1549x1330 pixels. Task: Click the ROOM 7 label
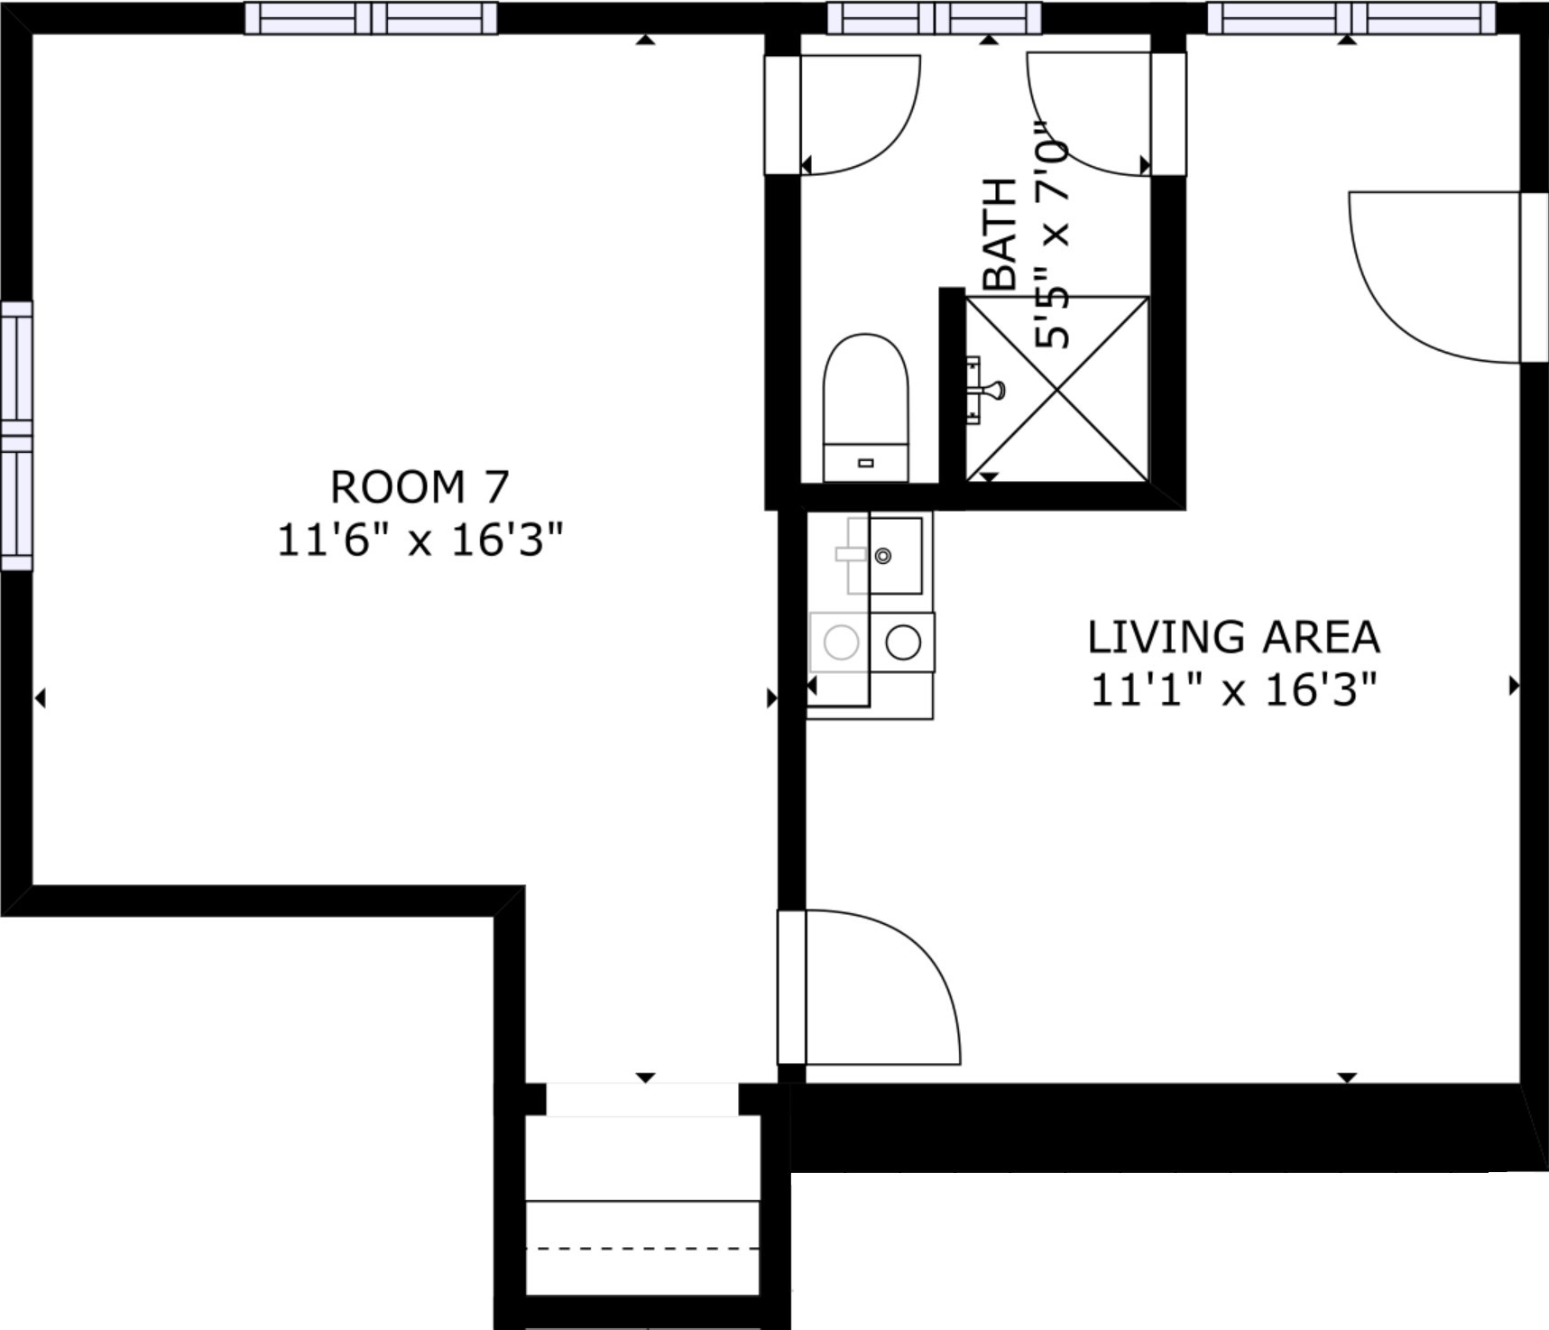(420, 487)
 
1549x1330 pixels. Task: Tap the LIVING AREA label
(1233, 637)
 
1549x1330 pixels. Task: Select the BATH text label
(1000, 234)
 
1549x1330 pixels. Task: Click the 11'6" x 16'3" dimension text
(420, 540)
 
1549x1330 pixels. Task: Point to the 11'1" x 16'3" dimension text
(1233, 690)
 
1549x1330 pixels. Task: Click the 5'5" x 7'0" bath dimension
(1052, 236)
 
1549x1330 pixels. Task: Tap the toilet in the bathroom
(865, 408)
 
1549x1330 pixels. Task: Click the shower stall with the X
(1057, 388)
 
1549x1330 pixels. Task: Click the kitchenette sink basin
(895, 556)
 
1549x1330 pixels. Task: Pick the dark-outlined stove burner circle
(903, 642)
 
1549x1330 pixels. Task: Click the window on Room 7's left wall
(16, 436)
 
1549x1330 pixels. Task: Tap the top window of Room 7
(371, 18)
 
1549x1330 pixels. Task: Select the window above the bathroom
(935, 18)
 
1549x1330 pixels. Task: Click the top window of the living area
(1351, 18)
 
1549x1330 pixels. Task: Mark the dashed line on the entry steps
(642, 1249)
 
